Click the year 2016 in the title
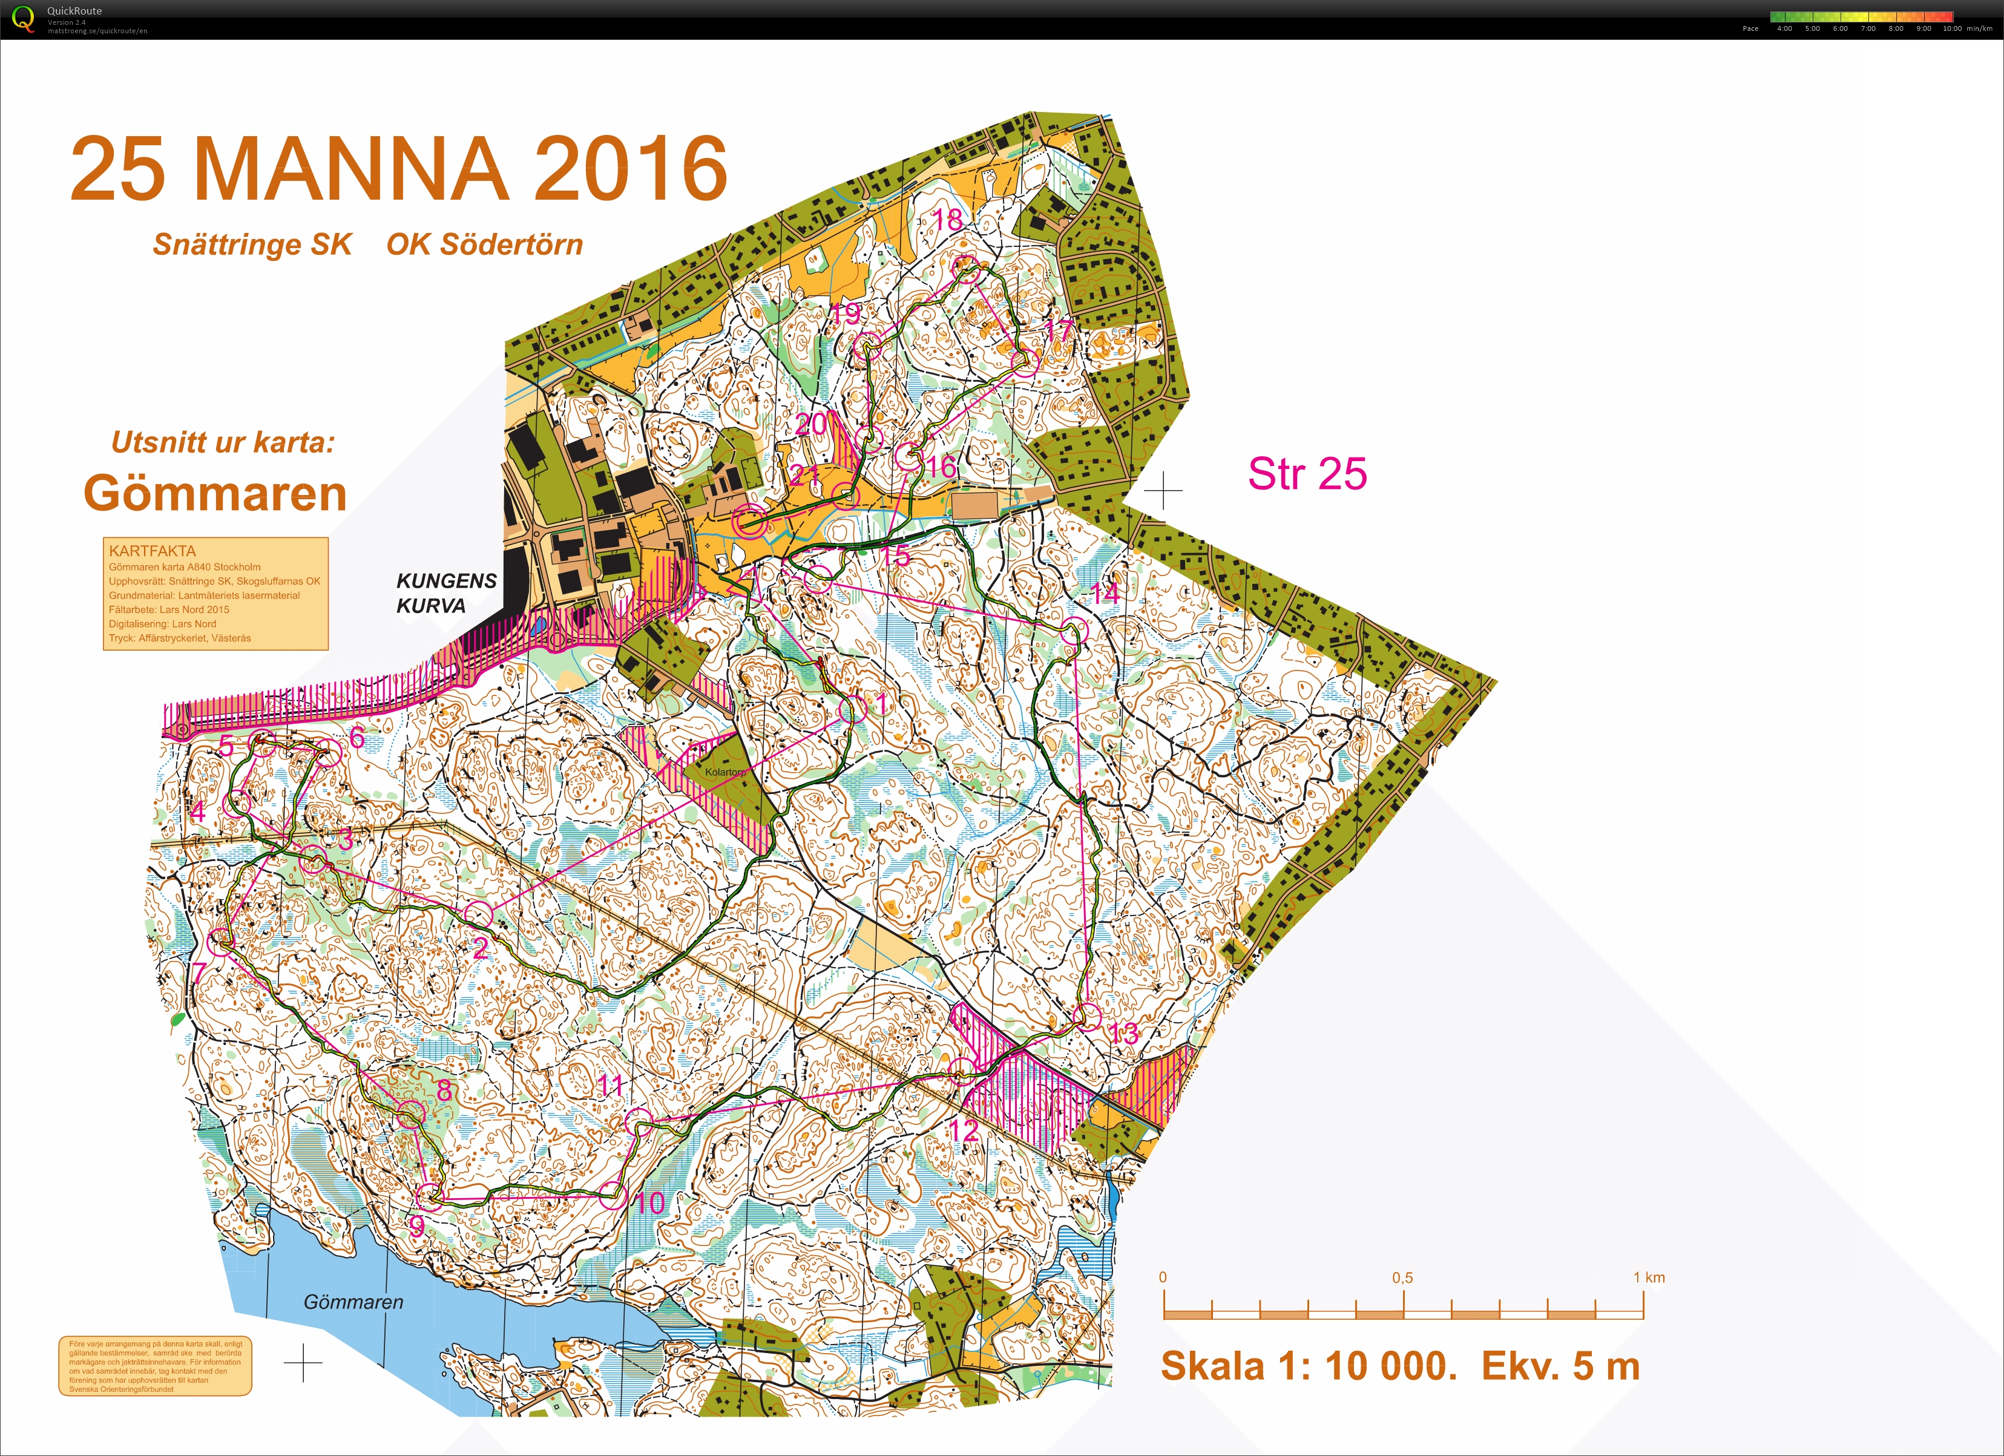tap(630, 169)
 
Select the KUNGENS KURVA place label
tap(445, 593)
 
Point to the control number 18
tap(947, 219)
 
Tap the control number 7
tap(200, 972)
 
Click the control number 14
tap(1105, 594)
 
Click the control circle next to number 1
tap(852, 709)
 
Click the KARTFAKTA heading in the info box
tap(152, 551)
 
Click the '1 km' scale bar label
tap(1648, 1277)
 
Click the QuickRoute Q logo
tap(24, 19)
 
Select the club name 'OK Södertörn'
tap(484, 244)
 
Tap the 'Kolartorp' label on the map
tap(724, 772)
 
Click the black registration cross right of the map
tap(1163, 490)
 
